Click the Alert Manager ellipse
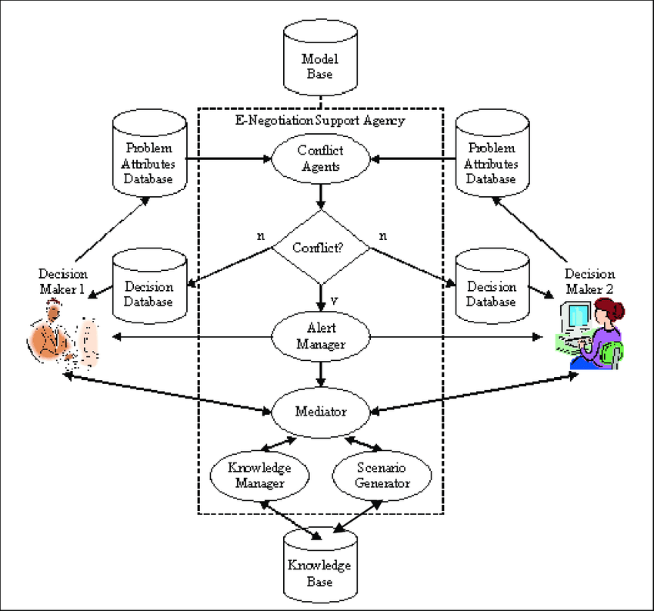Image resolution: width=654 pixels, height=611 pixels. (321, 336)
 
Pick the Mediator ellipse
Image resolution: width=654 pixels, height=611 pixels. (321, 411)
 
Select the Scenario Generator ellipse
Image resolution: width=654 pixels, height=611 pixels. (383, 476)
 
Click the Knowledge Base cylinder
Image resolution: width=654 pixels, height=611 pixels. (319, 570)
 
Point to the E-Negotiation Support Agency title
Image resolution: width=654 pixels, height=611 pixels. (319, 121)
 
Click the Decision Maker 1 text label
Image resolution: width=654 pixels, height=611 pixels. (63, 281)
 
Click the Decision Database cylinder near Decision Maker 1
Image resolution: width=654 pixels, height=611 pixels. (149, 290)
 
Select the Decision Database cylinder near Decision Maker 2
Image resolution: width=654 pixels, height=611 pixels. (491, 290)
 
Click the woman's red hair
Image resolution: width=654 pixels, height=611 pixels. (612, 311)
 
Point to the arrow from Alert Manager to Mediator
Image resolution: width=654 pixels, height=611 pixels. (321, 374)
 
